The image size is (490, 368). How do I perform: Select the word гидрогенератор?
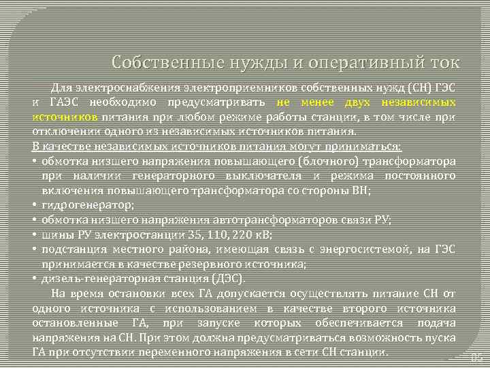(87, 204)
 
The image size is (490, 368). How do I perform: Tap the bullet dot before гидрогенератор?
(34, 204)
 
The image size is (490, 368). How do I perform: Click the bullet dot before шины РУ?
(34, 235)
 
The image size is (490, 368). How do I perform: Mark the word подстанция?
(71, 249)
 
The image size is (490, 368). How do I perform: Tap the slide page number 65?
(477, 358)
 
